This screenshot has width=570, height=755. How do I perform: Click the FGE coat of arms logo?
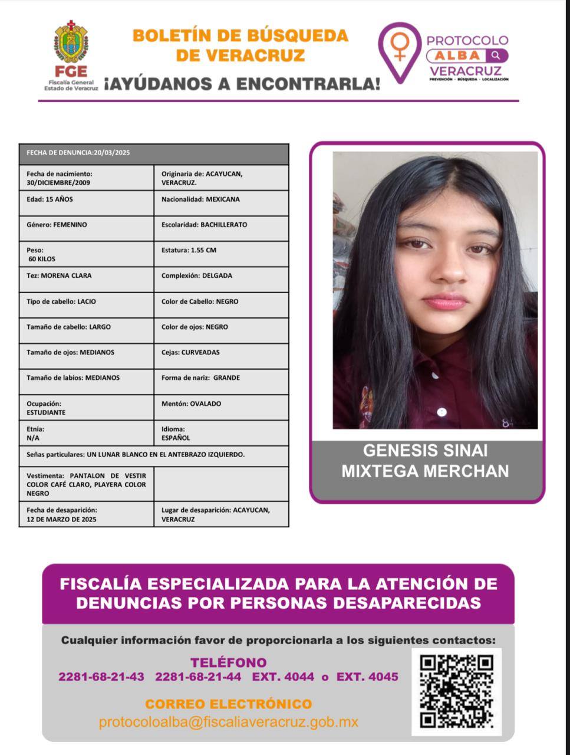point(71,42)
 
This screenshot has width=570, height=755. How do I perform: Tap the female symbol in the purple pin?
point(400,45)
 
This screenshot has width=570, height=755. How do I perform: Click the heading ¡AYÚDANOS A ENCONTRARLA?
point(242,84)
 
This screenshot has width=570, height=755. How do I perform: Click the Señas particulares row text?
point(136,455)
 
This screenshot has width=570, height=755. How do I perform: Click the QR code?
point(456,691)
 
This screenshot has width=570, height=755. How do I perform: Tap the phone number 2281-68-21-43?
point(101,677)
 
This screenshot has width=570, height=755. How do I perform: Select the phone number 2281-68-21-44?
point(198,677)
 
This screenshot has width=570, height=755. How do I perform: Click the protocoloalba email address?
point(229,722)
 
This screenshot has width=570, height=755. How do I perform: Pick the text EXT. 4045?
point(367,677)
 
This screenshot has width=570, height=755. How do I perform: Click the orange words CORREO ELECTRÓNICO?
point(229,704)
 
